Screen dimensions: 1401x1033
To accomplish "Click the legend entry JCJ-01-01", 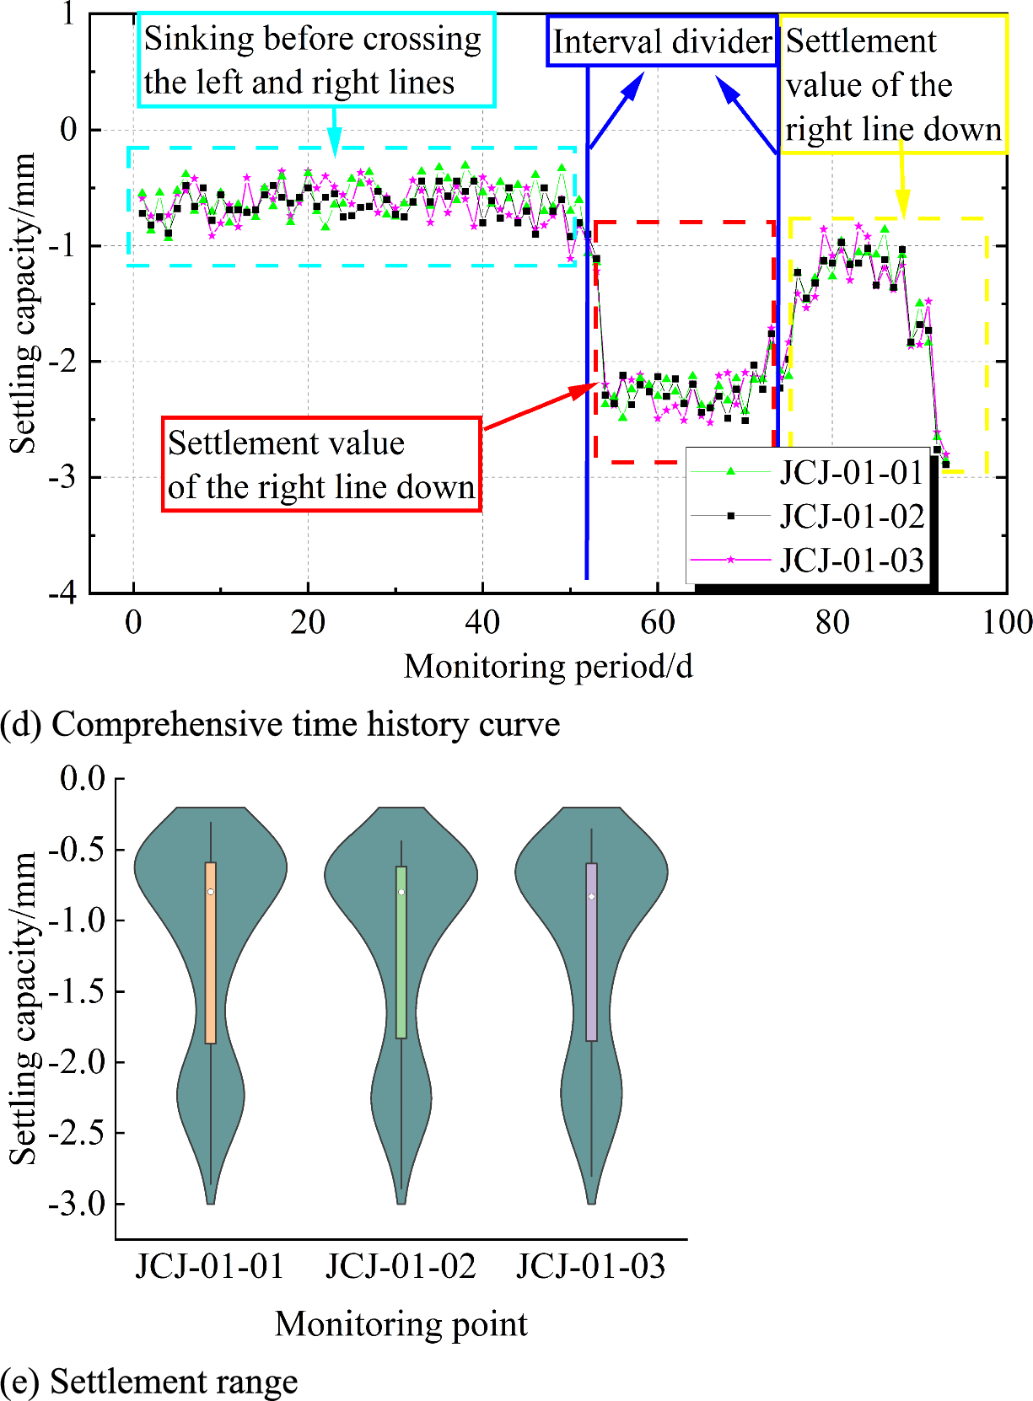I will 850,472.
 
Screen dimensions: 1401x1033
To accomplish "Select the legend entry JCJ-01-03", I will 850,560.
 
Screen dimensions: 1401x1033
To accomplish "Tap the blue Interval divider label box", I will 662,41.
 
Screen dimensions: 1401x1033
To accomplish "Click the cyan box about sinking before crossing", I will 315,61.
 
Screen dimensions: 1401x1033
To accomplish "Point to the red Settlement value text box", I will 321,464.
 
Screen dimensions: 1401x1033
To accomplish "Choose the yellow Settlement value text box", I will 893,85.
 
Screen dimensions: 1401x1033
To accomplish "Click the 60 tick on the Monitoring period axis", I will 657,623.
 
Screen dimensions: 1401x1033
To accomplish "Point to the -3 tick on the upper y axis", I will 62,477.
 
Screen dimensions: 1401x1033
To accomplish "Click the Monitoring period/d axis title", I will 548,667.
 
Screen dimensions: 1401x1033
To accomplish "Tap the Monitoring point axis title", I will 401,1324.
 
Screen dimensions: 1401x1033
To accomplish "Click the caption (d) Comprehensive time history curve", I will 281,725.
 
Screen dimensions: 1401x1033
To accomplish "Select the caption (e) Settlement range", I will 149,1382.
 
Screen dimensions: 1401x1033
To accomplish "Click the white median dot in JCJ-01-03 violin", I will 592,896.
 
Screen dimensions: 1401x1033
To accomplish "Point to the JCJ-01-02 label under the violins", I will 401,1266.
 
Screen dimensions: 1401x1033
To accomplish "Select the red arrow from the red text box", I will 540,407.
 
